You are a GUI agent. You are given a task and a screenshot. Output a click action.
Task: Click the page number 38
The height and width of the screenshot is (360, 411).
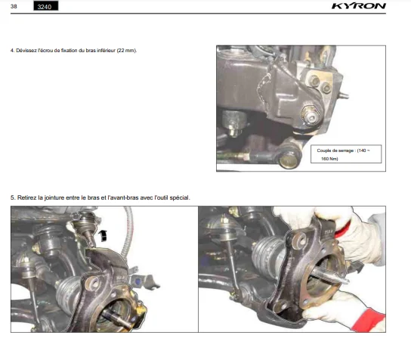click(14, 6)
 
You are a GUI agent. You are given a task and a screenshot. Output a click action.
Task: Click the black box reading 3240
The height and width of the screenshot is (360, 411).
click(46, 6)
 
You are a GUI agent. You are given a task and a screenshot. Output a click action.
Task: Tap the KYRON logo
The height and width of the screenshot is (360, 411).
click(359, 6)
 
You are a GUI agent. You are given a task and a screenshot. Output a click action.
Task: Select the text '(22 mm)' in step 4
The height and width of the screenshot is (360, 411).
click(127, 51)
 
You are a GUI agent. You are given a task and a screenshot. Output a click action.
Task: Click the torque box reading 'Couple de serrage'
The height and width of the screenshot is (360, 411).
click(346, 154)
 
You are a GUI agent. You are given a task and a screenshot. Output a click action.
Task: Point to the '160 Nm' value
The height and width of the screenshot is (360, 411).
click(329, 159)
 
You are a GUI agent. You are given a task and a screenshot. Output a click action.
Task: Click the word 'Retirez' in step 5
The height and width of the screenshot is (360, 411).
click(27, 197)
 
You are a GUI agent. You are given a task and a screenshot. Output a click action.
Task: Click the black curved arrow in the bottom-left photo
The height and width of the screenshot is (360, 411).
click(103, 235)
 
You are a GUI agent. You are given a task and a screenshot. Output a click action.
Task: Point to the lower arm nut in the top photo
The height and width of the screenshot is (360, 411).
click(310, 115)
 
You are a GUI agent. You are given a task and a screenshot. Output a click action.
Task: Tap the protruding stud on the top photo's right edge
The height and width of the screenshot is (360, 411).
click(344, 96)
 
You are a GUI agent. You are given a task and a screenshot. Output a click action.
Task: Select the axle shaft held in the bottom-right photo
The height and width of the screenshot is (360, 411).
click(331, 276)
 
